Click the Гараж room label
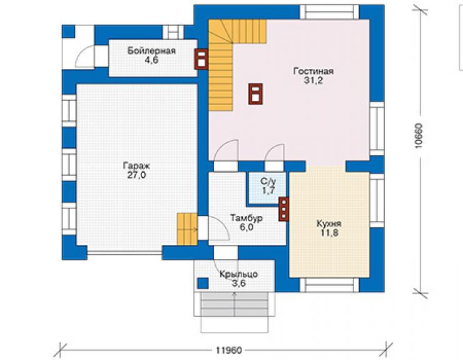(x=136, y=165)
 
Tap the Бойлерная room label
(x=151, y=51)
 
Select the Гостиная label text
(x=313, y=71)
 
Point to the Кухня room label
(x=329, y=224)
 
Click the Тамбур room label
(x=247, y=218)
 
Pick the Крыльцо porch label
(x=238, y=274)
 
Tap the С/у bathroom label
(x=268, y=181)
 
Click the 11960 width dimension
(x=229, y=350)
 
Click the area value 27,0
(x=136, y=175)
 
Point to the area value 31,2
(x=313, y=80)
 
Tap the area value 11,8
(x=330, y=233)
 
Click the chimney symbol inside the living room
(x=255, y=95)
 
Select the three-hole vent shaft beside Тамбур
(x=284, y=209)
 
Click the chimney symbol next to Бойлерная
(x=201, y=59)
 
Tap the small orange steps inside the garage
(x=187, y=229)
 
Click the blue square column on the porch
(x=203, y=284)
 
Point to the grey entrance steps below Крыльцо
(x=235, y=304)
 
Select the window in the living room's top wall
(x=330, y=12)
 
